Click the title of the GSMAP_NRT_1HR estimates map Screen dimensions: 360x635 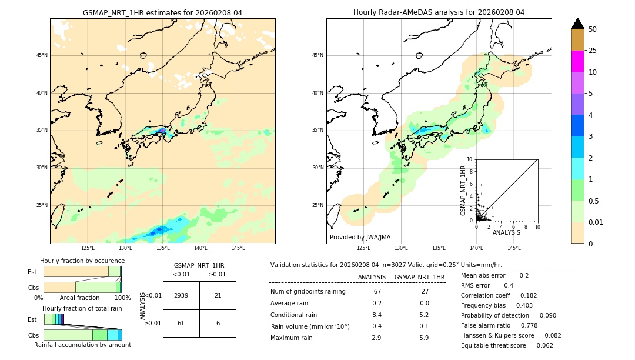pyautogui.click(x=162, y=12)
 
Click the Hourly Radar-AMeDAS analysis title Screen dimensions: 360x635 pyautogui.click(x=439, y=12)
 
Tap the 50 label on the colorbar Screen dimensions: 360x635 pyautogui.click(x=593, y=29)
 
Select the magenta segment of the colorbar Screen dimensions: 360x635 pyautogui.click(x=577, y=61)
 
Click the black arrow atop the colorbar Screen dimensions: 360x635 pyautogui.click(x=577, y=24)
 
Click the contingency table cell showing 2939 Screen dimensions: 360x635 pyautogui.click(x=181, y=295)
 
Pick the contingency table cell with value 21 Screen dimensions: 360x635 pyautogui.click(x=218, y=295)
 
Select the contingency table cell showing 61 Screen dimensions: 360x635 pyautogui.click(x=181, y=323)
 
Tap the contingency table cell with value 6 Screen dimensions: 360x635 pyautogui.click(x=218, y=323)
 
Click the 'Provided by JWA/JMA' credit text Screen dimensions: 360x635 pyautogui.click(x=360, y=237)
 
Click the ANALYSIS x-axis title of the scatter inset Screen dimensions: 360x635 pyautogui.click(x=506, y=232)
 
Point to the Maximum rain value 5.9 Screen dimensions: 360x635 pyautogui.click(x=424, y=338)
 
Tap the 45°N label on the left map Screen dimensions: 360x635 pyautogui.click(x=42, y=55)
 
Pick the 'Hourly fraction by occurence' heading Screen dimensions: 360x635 pyautogui.click(x=82, y=261)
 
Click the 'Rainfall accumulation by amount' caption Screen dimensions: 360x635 pyautogui.click(x=82, y=345)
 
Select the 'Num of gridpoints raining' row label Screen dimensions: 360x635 pyautogui.click(x=308, y=291)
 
